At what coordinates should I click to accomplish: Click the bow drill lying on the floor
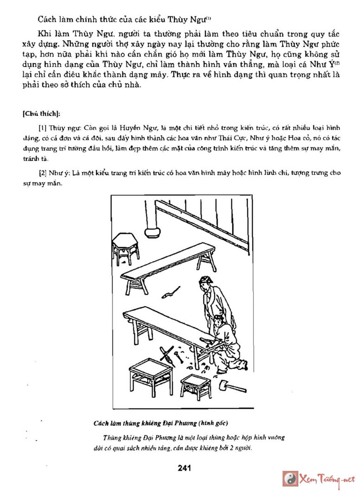tap(166, 354)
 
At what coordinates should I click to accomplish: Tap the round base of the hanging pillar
tap(152, 231)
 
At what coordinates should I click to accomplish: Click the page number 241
tap(184, 468)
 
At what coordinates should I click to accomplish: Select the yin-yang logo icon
tap(290, 479)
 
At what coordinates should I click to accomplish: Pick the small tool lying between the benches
tap(170, 292)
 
